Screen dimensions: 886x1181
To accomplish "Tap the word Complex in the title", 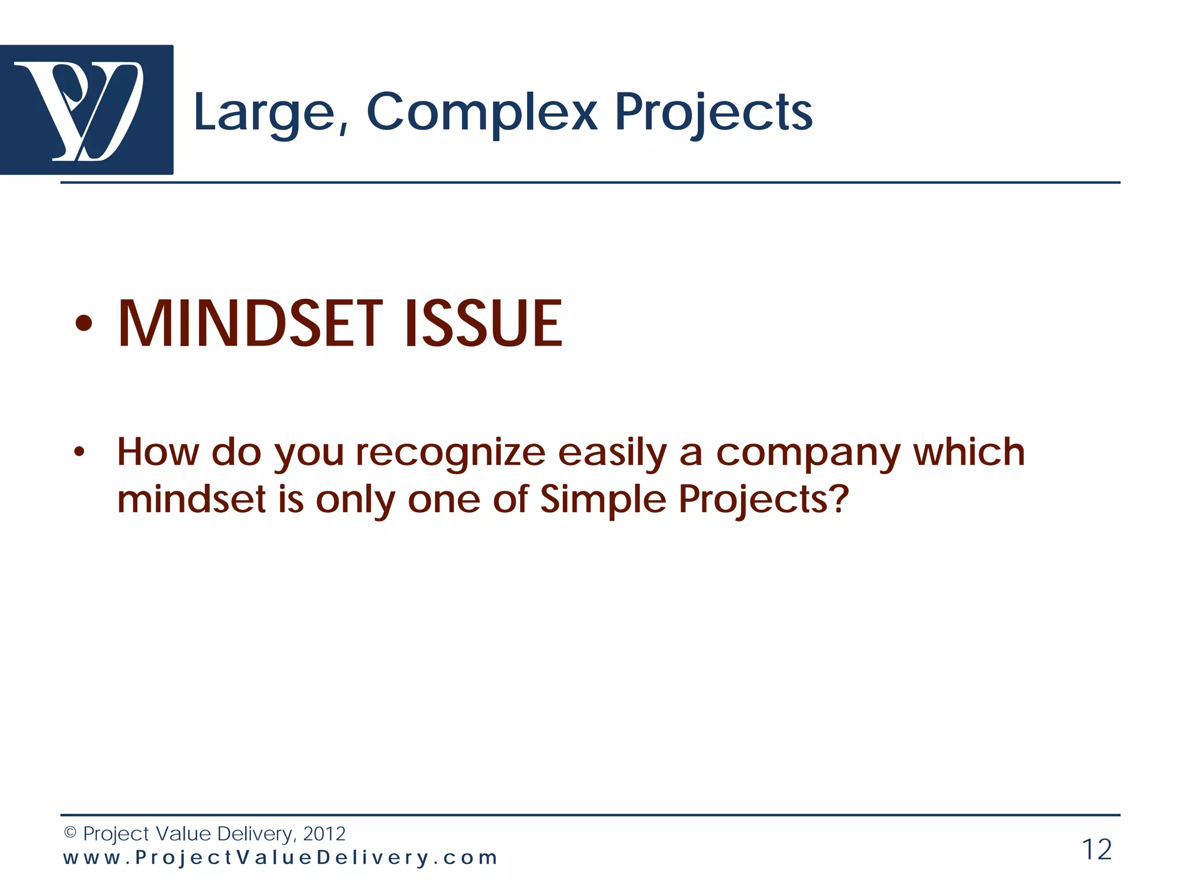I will [x=482, y=112].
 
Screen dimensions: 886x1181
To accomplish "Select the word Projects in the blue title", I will [x=713, y=113].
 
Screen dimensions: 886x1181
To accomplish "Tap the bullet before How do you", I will [x=79, y=452].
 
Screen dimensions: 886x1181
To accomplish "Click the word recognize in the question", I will [x=450, y=453].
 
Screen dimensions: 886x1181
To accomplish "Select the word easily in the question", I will [x=612, y=453].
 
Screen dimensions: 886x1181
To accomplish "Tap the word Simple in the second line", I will [x=603, y=500].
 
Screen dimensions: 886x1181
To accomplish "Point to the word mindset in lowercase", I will [x=191, y=500].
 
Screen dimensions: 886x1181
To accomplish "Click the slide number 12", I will [x=1096, y=850].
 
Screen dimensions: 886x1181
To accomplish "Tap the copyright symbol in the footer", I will [x=70, y=832].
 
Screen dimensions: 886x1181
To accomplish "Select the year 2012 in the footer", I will [x=324, y=834].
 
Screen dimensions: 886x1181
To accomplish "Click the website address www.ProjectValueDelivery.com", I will [x=280, y=858].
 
